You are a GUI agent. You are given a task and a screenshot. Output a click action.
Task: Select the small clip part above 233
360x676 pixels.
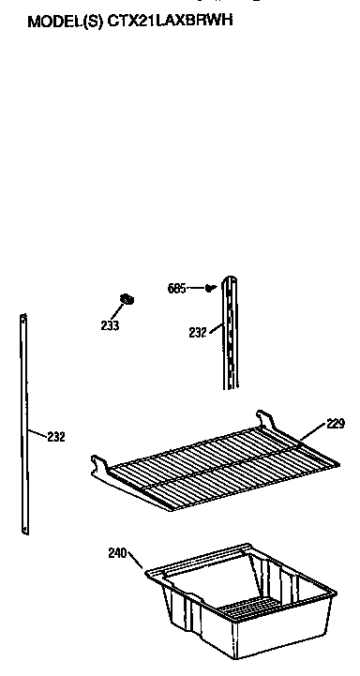[x=127, y=300]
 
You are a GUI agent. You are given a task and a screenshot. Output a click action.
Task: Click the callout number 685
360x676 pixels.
[x=178, y=288]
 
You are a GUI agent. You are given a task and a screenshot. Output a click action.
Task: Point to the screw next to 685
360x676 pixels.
[x=209, y=287]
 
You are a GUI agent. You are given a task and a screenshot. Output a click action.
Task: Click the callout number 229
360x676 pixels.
[x=336, y=423]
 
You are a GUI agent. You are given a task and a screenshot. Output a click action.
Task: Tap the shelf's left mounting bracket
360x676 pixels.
[x=99, y=466]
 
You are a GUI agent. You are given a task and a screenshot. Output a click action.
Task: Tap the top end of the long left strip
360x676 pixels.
[x=22, y=319]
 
